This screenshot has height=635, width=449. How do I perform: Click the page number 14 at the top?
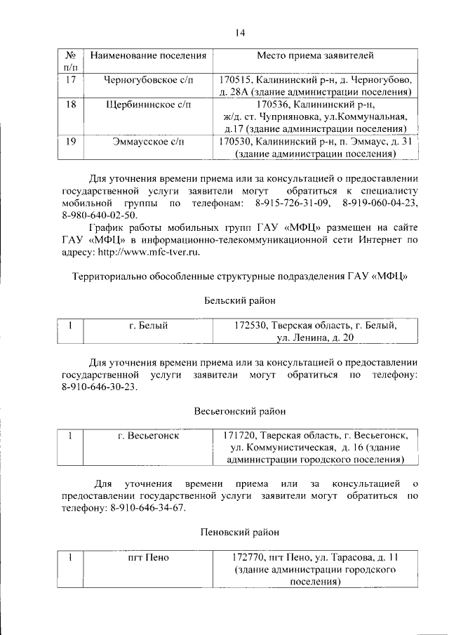point(239,32)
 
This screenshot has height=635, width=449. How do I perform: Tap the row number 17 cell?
point(69,79)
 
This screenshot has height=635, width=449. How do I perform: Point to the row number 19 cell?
point(69,142)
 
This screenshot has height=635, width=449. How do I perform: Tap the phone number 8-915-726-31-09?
point(288,203)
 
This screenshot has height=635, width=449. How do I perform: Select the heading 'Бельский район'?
point(239,300)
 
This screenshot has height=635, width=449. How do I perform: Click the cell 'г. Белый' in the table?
point(147,326)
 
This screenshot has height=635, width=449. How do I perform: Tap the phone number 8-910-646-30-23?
point(100,387)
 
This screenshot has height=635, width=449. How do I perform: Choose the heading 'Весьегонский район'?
point(239,410)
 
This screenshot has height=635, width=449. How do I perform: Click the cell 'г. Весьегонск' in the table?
point(147,436)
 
